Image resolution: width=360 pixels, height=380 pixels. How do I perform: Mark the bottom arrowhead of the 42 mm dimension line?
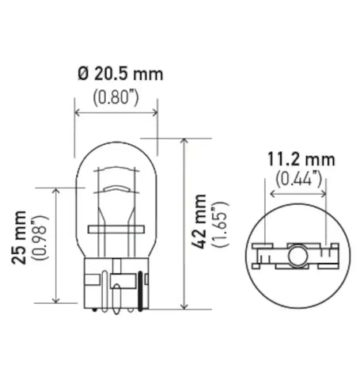coord(184,306)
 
